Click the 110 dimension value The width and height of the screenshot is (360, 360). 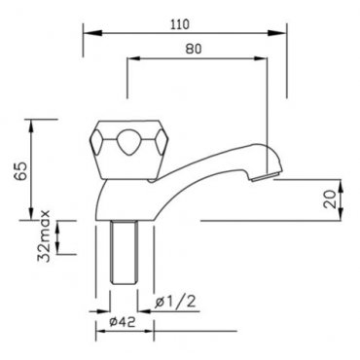click(x=180, y=24)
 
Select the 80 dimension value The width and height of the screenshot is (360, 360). click(x=194, y=49)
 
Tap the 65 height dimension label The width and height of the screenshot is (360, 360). click(x=20, y=171)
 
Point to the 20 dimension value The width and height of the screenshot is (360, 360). click(x=331, y=199)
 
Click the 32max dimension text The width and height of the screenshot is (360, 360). click(x=44, y=235)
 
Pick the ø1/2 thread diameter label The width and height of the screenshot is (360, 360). click(x=175, y=302)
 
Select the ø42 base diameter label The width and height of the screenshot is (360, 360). click(x=123, y=322)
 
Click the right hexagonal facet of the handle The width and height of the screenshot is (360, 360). click(x=162, y=142)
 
